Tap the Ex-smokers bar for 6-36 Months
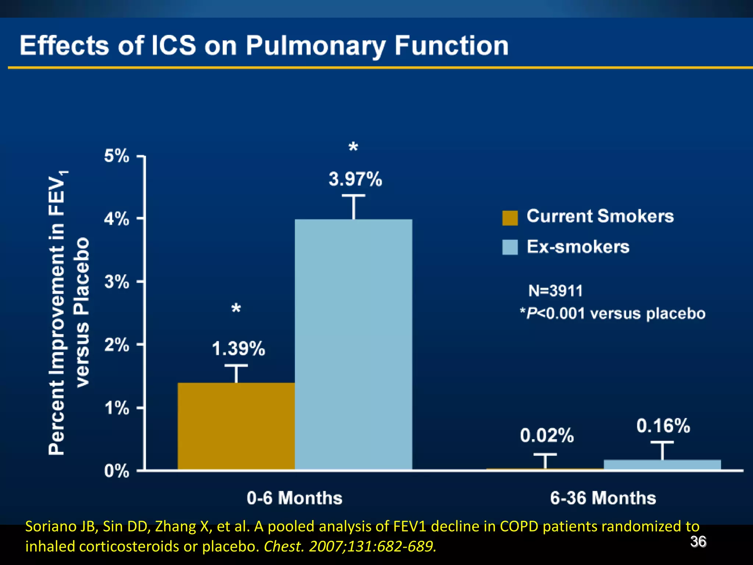[x=662, y=465]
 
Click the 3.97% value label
[x=355, y=180]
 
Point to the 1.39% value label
[x=238, y=348]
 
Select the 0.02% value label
[x=547, y=436]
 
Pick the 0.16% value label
[x=663, y=426]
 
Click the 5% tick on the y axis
[x=117, y=156]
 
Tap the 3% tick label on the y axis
[x=117, y=282]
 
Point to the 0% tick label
[x=117, y=471]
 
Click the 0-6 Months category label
[x=295, y=498]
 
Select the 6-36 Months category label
[x=603, y=498]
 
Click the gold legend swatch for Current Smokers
[x=510, y=218]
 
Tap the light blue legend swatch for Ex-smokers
[x=510, y=247]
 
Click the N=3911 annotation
[x=556, y=291]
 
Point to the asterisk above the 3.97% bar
[x=353, y=148]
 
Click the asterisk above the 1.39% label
[x=236, y=308]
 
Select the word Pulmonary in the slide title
[x=315, y=46]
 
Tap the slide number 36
[x=698, y=542]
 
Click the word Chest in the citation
[x=283, y=547]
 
